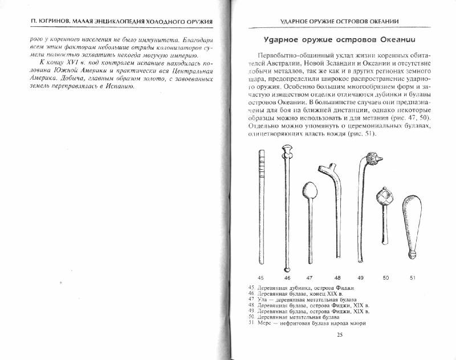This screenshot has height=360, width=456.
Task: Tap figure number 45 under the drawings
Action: tap(261, 277)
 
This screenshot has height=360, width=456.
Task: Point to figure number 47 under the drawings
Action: tap(309, 277)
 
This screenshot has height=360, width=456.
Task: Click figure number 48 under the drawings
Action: tap(337, 277)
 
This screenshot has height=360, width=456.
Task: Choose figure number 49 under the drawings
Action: tap(360, 277)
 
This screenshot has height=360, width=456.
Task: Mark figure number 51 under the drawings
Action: tap(413, 277)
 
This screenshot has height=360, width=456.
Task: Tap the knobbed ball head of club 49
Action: tap(376, 159)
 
